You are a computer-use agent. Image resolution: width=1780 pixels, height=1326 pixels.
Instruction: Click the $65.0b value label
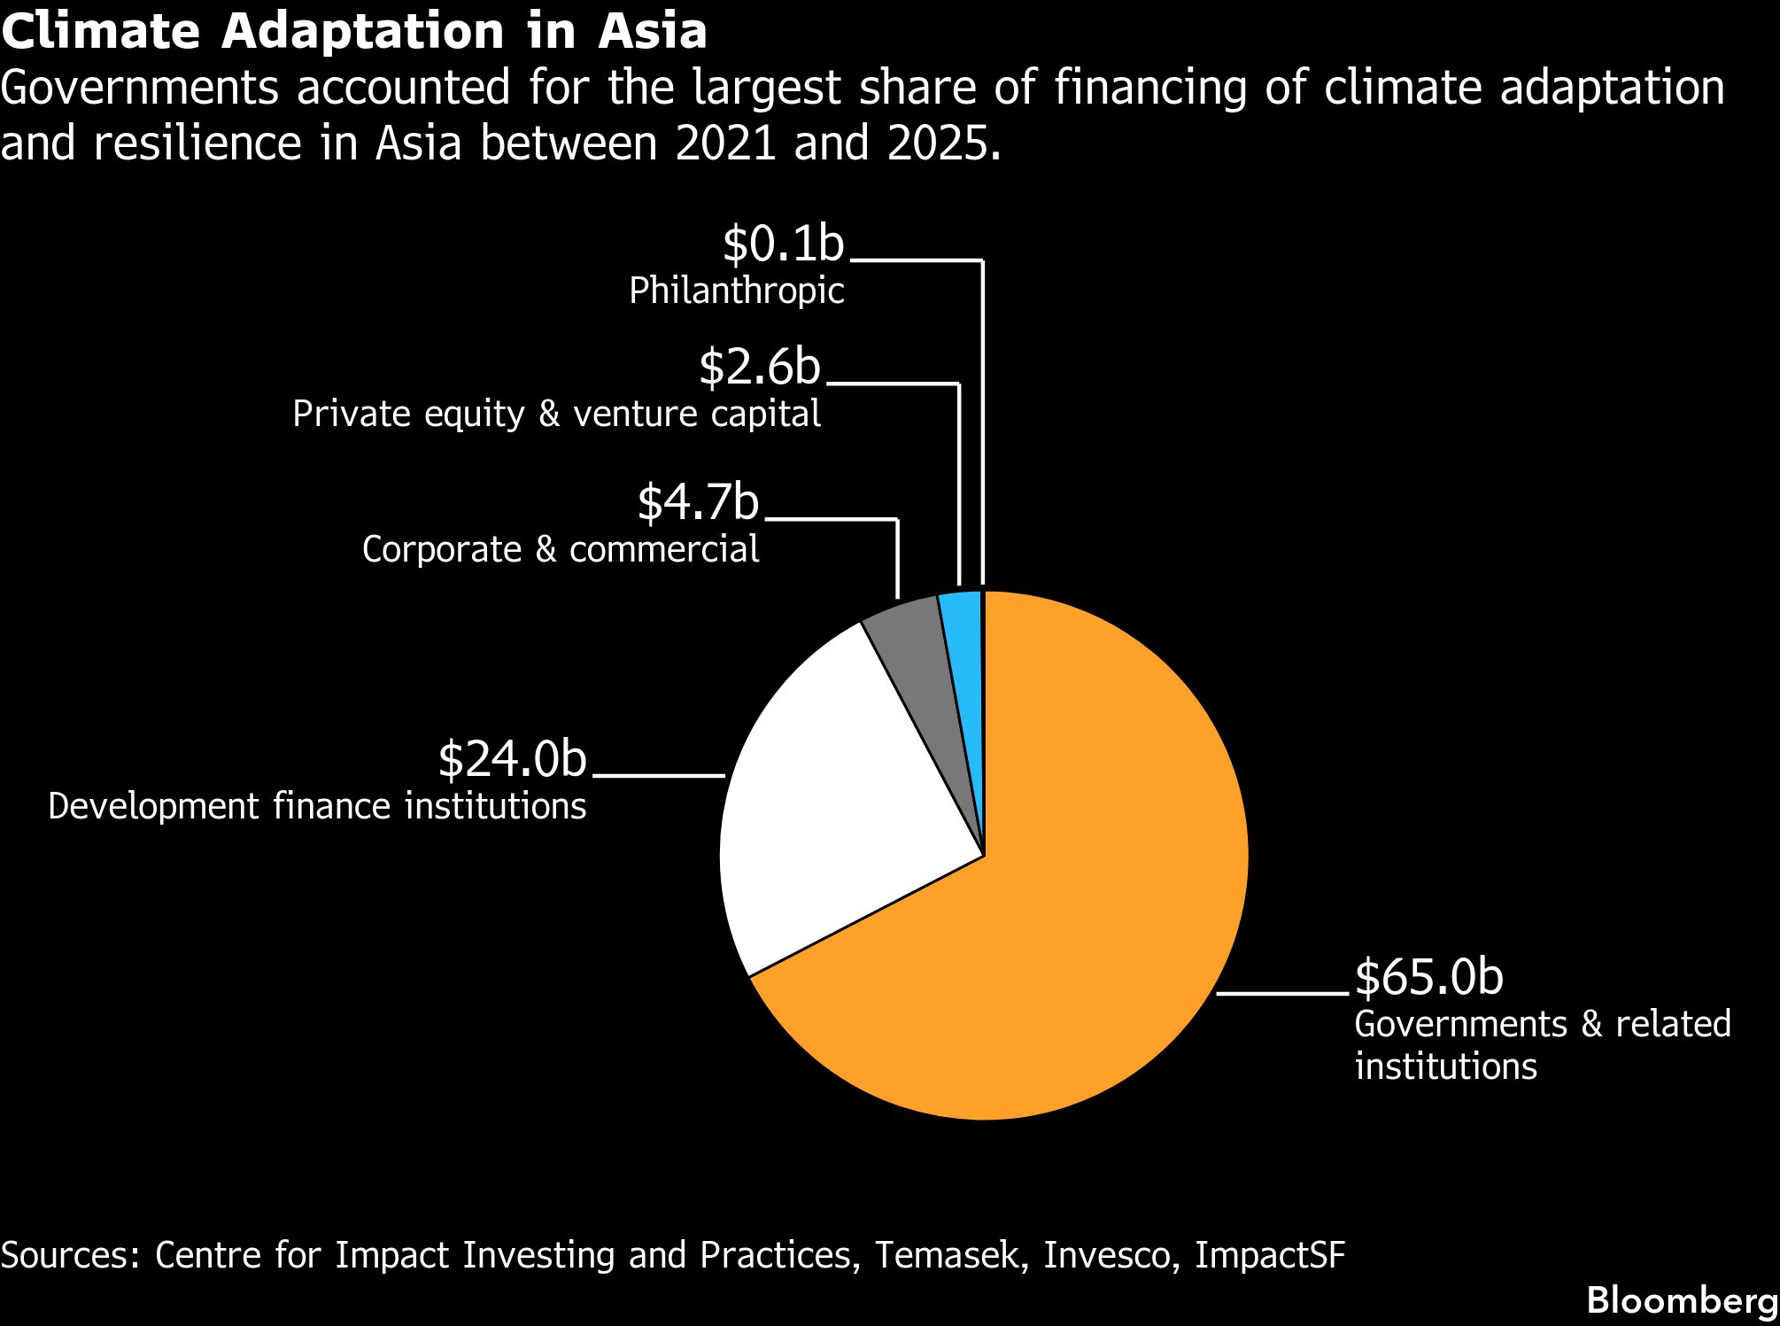point(1429,977)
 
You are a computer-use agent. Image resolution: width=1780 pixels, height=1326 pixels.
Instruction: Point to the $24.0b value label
point(512,759)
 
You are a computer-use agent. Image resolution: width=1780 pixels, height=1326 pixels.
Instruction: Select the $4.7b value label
point(698,502)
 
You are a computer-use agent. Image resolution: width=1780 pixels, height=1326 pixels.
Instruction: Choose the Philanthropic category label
point(737,291)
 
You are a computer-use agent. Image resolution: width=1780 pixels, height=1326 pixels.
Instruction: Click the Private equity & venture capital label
point(557,415)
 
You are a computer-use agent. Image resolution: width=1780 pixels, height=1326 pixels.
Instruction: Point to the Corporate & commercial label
point(561,549)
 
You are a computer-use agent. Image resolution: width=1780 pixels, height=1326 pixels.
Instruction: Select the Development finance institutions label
point(317,806)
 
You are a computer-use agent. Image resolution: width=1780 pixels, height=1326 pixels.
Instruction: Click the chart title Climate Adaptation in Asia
point(354,31)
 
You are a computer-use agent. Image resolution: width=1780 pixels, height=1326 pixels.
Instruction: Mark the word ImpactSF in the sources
point(1270,1255)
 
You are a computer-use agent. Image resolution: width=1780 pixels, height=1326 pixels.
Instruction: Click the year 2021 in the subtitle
point(724,143)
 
